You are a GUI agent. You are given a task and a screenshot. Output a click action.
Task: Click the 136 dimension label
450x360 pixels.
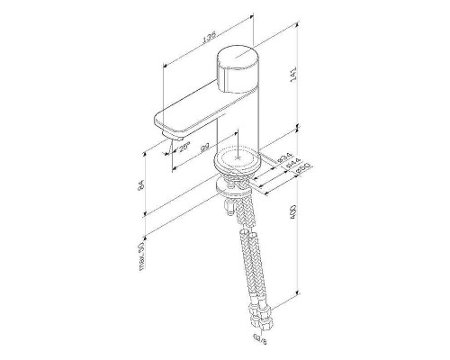click(209, 40)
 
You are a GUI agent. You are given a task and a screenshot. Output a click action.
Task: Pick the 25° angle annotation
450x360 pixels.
click(184, 148)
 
